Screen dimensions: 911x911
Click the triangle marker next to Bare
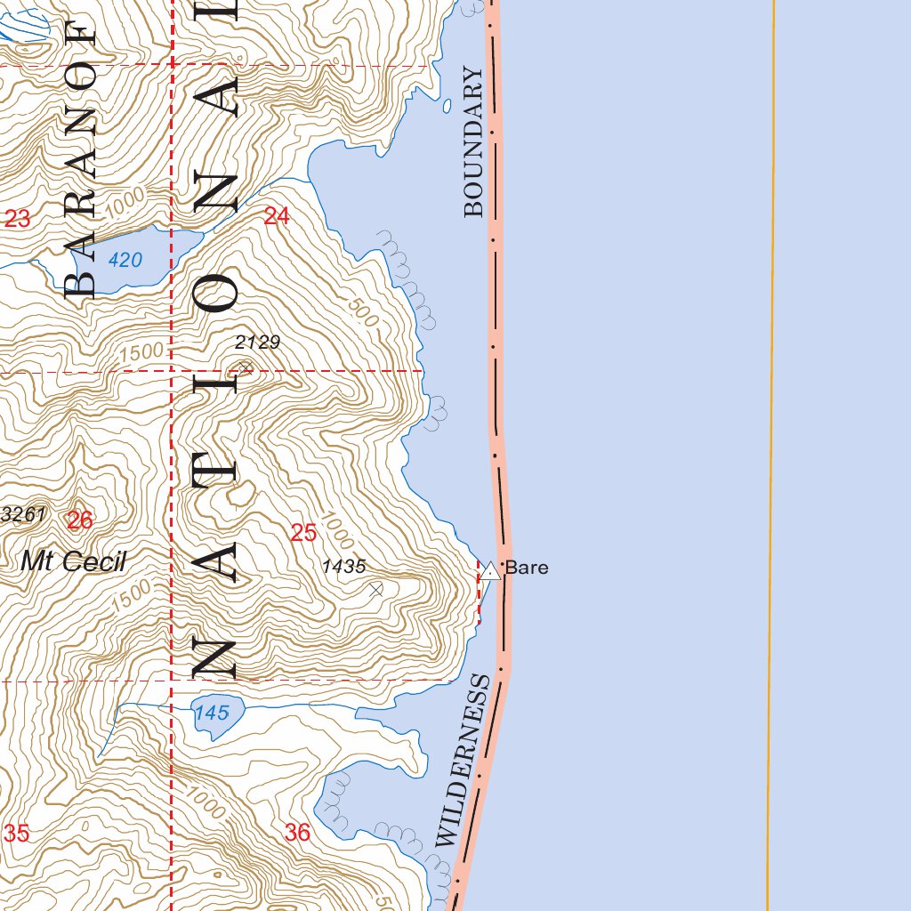tap(490, 571)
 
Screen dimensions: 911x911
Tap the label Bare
tap(527, 568)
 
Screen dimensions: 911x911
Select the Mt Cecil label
tap(74, 561)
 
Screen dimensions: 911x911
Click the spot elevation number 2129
tap(258, 342)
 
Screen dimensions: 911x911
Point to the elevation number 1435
tap(344, 566)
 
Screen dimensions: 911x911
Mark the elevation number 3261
tap(24, 513)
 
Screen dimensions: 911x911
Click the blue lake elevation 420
tap(125, 260)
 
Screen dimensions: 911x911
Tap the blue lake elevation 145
tap(211, 713)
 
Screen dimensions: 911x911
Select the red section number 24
tap(277, 215)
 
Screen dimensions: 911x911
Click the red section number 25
tap(303, 533)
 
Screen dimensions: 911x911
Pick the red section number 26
tap(79, 520)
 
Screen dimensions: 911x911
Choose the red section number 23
tap(17, 218)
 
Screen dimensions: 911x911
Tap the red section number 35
tap(17, 834)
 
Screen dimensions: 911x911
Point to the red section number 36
tap(297, 833)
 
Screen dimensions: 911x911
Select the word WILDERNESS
tap(464, 761)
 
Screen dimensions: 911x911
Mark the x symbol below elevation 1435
tap(376, 589)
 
